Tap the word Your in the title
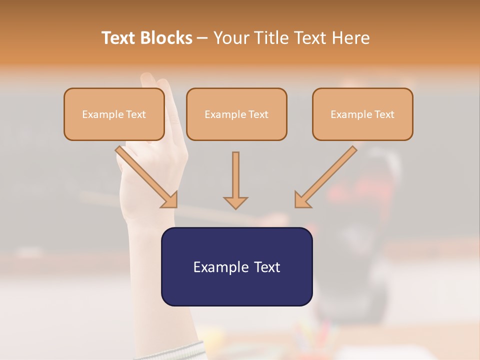(230, 38)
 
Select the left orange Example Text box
(114, 114)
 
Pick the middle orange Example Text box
(236, 114)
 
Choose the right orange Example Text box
(362, 114)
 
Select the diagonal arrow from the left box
(145, 175)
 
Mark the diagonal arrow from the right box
(328, 175)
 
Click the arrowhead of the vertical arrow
(235, 202)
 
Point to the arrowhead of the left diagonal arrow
(170, 200)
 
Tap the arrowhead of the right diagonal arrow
(302, 200)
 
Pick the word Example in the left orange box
(102, 114)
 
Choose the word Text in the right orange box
(384, 114)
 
